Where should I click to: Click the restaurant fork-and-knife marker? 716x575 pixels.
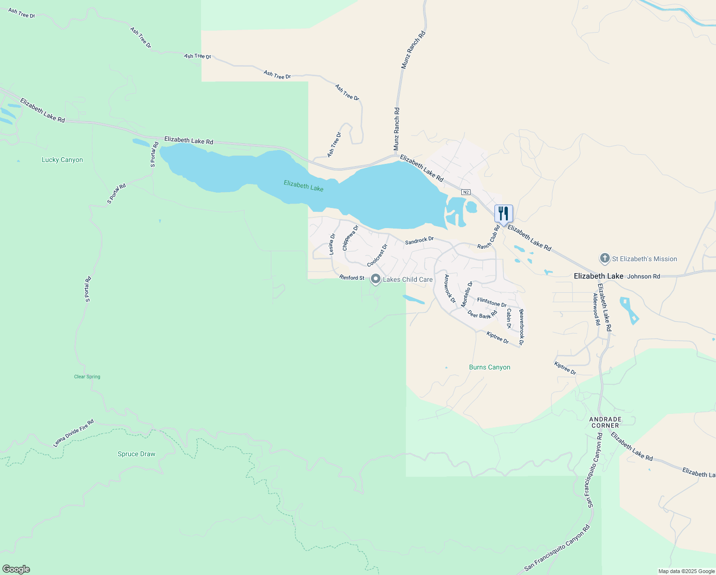[x=503, y=213]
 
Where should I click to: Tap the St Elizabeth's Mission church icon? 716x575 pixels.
[x=604, y=259]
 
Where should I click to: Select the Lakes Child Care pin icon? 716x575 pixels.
[x=376, y=279]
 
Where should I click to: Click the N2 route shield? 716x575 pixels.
[x=466, y=192]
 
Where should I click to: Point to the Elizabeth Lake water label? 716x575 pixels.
[x=303, y=185]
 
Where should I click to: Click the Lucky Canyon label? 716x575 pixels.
[x=62, y=160]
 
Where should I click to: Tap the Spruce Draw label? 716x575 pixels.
[x=136, y=454]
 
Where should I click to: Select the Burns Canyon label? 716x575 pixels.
[x=490, y=368]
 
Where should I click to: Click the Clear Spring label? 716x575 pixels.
[x=87, y=377]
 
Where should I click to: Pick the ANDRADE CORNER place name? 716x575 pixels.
[x=605, y=422]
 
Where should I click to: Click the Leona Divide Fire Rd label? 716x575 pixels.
[x=73, y=434]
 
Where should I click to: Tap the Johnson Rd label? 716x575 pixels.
[x=644, y=276]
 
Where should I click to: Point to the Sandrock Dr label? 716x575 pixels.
[x=419, y=241]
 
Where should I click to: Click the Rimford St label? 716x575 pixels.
[x=352, y=277]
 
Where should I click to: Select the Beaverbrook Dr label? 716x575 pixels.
[x=521, y=327]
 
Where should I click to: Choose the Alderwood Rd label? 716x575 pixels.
[x=597, y=310]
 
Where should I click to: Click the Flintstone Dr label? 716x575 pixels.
[x=492, y=302]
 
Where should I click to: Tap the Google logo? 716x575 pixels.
[x=16, y=569]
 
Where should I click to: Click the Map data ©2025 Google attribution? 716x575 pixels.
[x=686, y=571]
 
